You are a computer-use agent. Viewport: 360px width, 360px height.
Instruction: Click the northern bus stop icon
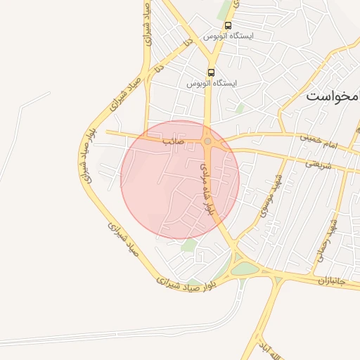(228, 25)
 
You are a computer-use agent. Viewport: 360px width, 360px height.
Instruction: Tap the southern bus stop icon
(212, 72)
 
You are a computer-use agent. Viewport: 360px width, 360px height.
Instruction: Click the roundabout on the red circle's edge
(208, 141)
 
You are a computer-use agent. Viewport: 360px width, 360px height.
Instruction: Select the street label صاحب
(173, 141)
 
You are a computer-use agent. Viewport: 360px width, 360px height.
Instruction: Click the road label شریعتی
(318, 163)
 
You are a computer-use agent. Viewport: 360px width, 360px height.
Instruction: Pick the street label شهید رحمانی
(328, 239)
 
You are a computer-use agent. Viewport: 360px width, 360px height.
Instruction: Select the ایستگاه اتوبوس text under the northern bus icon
(229, 35)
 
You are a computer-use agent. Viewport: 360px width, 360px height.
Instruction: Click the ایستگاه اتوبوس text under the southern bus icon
(212, 83)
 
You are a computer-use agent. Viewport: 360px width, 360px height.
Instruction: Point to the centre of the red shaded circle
(180, 179)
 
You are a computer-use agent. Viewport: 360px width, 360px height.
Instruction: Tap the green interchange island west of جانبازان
(245, 269)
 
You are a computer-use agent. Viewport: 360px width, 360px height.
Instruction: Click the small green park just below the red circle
(188, 245)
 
